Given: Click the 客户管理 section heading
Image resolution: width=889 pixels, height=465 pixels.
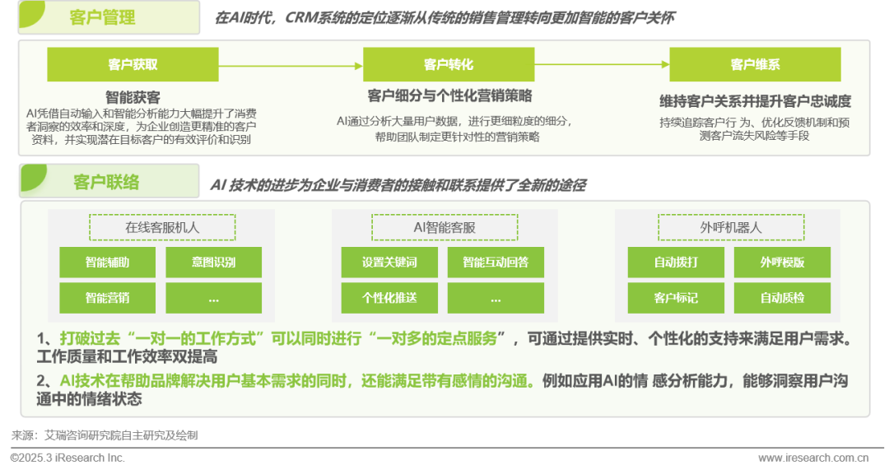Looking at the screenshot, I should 104,17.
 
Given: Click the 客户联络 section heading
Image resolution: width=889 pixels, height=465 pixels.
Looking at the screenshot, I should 106,182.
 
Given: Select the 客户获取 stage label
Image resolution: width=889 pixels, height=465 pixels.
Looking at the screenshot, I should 133,64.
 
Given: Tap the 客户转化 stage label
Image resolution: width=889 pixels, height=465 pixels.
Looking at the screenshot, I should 449,64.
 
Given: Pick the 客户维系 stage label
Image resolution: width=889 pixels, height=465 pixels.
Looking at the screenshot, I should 755,64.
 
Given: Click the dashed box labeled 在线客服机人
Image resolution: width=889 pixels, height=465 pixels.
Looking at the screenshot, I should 162,227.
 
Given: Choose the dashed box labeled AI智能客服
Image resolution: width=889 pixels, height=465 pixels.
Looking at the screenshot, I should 444,227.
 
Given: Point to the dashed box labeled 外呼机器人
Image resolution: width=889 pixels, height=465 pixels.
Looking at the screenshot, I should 724,227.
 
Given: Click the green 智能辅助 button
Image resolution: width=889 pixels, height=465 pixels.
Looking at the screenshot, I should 107,263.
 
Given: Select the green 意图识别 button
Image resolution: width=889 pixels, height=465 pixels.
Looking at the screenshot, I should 213,263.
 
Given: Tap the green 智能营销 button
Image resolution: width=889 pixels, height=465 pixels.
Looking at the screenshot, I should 107,298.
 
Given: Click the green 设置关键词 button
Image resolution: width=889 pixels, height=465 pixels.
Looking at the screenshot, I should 389,263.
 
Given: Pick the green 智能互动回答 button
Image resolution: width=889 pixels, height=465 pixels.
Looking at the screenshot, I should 496,263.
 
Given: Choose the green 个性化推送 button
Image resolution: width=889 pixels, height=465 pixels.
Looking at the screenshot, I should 389,298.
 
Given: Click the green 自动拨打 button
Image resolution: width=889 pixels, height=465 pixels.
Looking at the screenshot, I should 675,263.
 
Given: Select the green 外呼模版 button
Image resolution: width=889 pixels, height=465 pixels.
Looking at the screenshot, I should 781,263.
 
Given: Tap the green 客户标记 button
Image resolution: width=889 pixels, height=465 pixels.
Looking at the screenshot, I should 675,298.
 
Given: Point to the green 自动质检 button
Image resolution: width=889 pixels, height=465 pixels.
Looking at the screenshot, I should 781,298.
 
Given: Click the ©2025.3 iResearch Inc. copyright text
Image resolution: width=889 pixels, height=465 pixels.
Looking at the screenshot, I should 67,457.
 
